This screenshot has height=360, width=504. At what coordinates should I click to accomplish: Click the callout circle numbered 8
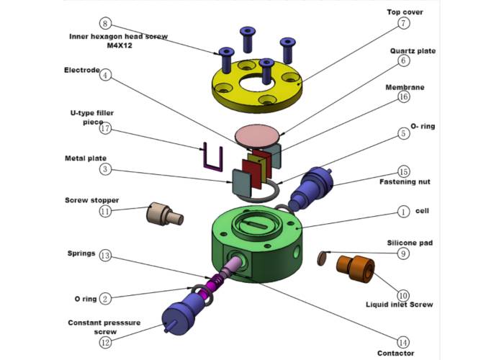(106, 23)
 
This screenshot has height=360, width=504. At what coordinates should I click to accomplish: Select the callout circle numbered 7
(404, 24)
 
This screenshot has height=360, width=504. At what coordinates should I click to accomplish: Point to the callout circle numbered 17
(106, 129)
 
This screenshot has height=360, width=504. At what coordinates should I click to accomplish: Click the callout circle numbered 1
(404, 212)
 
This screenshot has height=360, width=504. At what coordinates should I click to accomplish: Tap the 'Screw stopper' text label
(91, 199)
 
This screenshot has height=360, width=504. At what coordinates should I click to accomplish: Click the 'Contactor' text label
(395, 354)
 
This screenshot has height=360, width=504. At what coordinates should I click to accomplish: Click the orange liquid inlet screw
(356, 268)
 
